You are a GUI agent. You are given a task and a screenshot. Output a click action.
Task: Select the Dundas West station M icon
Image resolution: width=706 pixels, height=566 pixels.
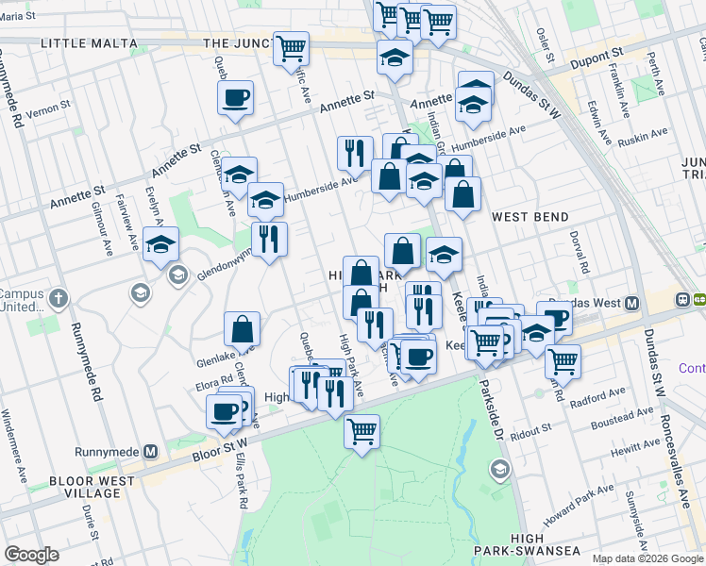(631, 302)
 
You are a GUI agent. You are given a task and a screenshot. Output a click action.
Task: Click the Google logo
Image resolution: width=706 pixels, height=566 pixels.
(31, 555)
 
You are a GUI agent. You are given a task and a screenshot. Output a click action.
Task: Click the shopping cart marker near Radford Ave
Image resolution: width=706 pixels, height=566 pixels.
(563, 360)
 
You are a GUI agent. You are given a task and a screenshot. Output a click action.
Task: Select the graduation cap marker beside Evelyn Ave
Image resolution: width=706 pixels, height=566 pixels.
(161, 244)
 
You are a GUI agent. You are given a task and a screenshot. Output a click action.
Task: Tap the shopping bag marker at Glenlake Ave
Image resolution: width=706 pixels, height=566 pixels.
(243, 329)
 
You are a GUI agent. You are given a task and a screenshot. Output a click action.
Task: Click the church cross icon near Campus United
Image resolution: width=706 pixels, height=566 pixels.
(59, 300)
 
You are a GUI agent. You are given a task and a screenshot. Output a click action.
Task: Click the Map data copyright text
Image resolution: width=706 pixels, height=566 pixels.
(647, 558)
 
